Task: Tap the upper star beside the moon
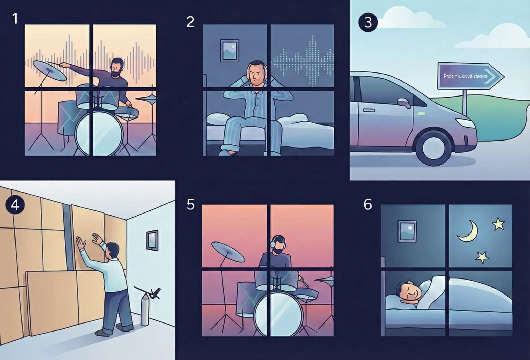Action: pyautogui.click(x=498, y=224)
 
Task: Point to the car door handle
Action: pyautogui.click(x=369, y=111)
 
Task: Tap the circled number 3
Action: pyautogui.click(x=368, y=23)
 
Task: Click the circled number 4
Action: pyautogui.click(x=15, y=205)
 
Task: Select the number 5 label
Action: pyautogui.click(x=190, y=204)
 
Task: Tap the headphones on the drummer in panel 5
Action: pyautogui.click(x=277, y=242)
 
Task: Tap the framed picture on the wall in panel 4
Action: pyautogui.click(x=152, y=240)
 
